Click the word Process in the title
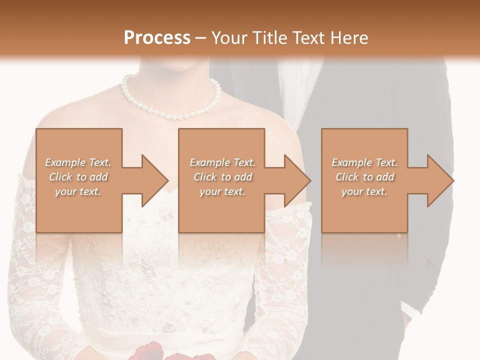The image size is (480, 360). tap(157, 37)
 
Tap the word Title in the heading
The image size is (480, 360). tap(269, 37)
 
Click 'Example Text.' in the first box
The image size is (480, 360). tap(78, 162)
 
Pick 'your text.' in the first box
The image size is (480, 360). tap(78, 191)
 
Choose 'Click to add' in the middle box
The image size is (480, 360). tap(222, 177)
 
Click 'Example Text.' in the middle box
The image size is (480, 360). tap(222, 162)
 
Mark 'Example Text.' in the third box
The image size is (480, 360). tap(364, 162)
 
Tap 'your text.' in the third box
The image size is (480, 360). tap(364, 191)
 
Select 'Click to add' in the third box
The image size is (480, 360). tap(364, 177)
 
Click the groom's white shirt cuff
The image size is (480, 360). tap(410, 312)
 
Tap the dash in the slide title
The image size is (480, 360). tap(201, 38)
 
